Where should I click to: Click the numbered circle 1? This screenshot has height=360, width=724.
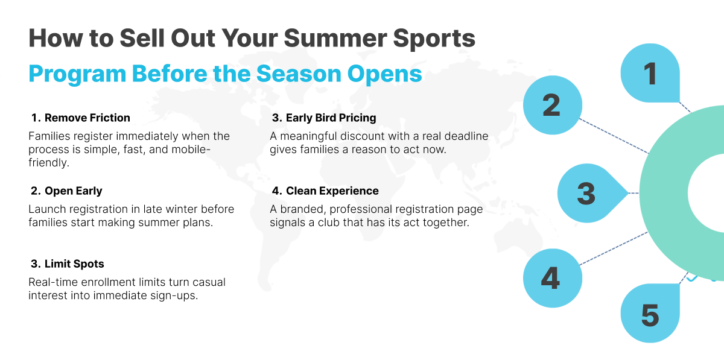(x=650, y=73)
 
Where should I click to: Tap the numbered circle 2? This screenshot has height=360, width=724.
(x=553, y=105)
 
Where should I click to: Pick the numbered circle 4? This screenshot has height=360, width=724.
(x=553, y=278)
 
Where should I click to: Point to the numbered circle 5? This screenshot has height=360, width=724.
(x=650, y=313)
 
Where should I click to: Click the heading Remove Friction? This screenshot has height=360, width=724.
(x=87, y=118)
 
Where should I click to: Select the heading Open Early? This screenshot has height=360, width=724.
(x=74, y=191)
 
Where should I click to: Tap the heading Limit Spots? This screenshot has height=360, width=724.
(x=74, y=264)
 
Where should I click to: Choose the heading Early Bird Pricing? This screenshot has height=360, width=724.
(x=331, y=118)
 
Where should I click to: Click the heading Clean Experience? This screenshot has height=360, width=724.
(x=332, y=191)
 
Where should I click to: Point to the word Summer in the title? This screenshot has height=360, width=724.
(x=335, y=38)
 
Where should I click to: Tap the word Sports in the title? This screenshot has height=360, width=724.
(x=434, y=39)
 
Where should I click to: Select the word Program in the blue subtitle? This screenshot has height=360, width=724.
(x=77, y=74)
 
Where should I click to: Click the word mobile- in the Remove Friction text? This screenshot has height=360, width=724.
(x=191, y=150)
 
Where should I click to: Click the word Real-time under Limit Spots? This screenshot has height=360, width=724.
(x=53, y=282)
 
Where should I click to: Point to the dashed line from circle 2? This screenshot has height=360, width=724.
(x=614, y=136)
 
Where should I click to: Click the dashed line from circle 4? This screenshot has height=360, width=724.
(x=614, y=248)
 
